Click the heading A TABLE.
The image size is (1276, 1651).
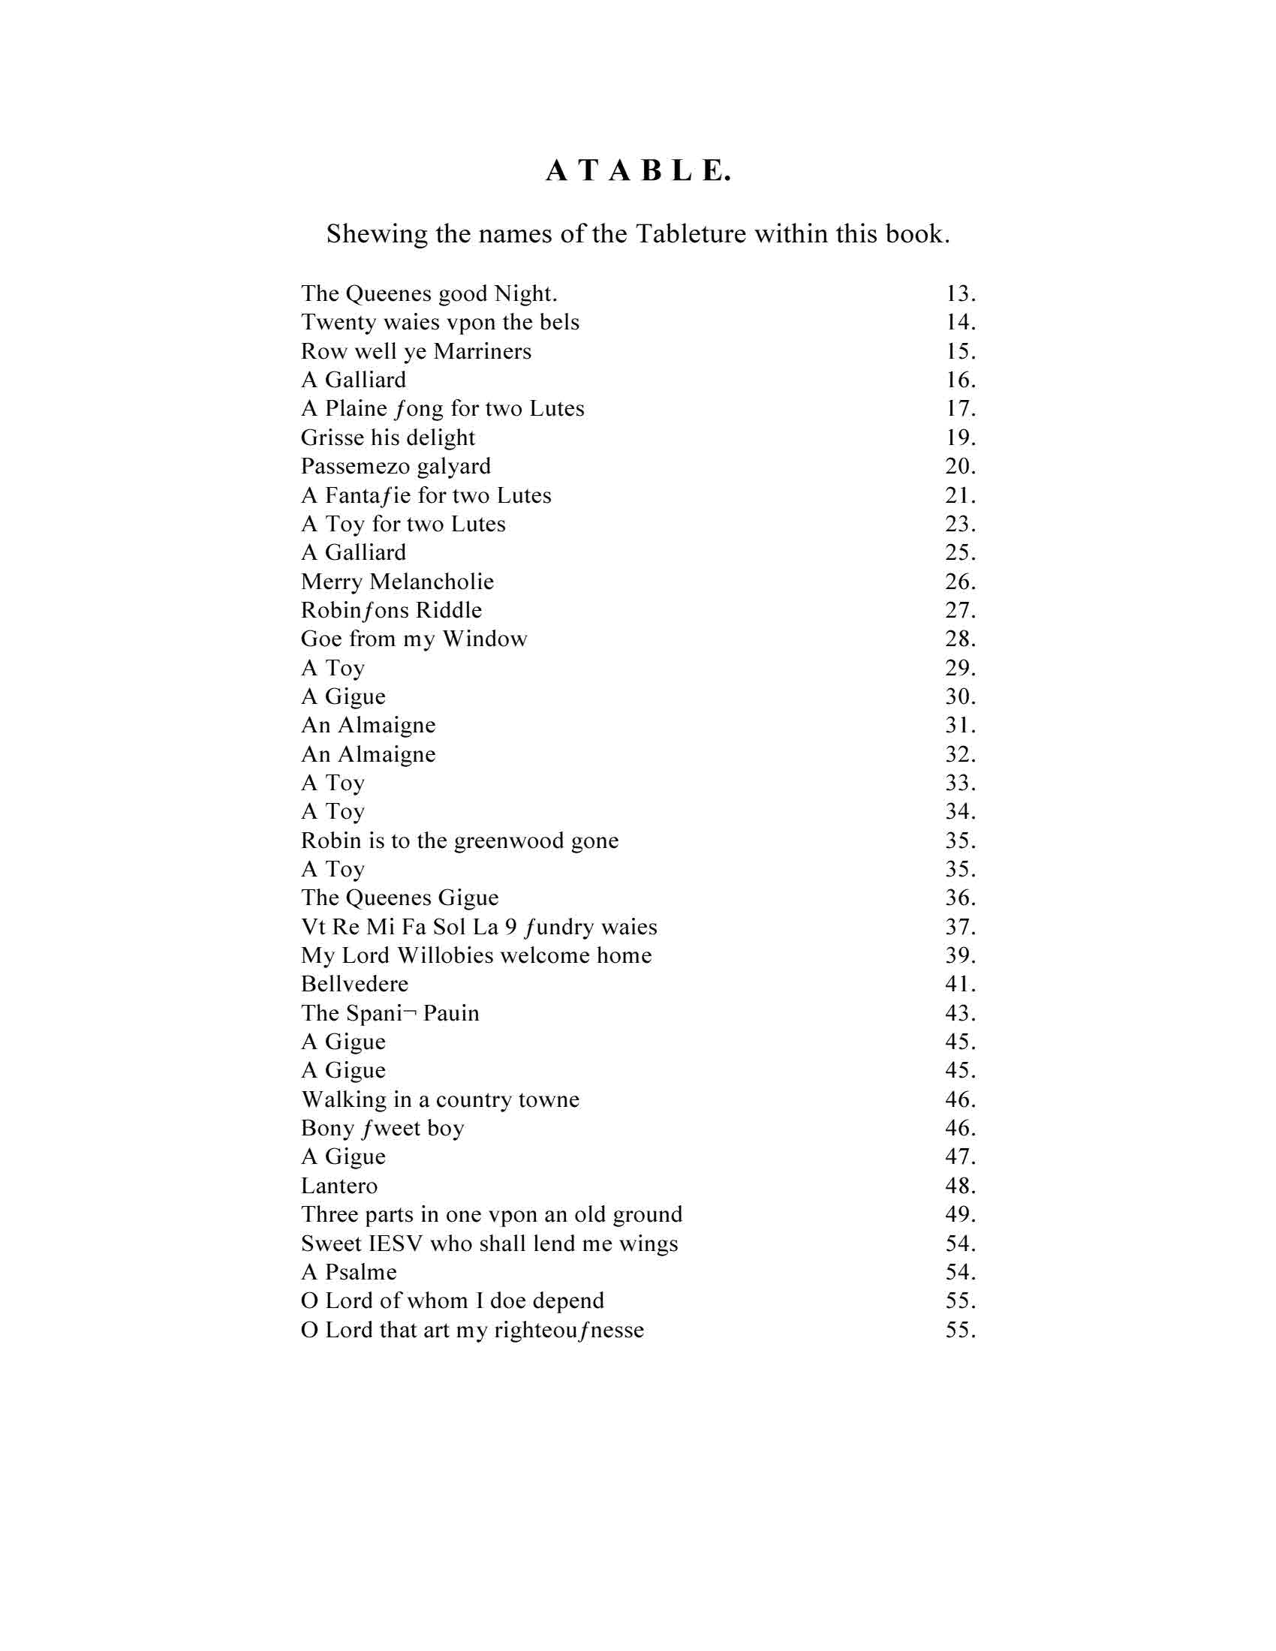pyautogui.click(x=639, y=172)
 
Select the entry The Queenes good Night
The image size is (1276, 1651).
pyautogui.click(x=429, y=293)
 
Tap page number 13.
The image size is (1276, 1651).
pyautogui.click(x=960, y=293)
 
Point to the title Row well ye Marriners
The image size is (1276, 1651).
pyautogui.click(x=416, y=351)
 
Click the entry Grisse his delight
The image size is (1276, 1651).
pyautogui.click(x=388, y=438)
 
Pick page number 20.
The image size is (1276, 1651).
pyautogui.click(x=960, y=467)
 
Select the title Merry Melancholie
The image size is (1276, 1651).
pyautogui.click(x=397, y=582)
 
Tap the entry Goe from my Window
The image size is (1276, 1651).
pyautogui.click(x=414, y=639)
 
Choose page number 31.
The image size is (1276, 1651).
pyautogui.click(x=960, y=726)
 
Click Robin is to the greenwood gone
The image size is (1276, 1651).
pyautogui.click(x=459, y=841)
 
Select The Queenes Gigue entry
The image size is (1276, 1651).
pyautogui.click(x=400, y=898)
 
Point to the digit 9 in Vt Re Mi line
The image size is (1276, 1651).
pyautogui.click(x=511, y=927)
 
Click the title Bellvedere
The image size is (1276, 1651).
pyautogui.click(x=354, y=985)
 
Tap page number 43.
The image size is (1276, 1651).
pyautogui.click(x=960, y=1013)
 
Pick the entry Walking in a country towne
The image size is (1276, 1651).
pyautogui.click(x=440, y=1100)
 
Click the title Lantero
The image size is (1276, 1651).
pyautogui.click(x=339, y=1186)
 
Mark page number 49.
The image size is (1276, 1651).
pyautogui.click(x=960, y=1215)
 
